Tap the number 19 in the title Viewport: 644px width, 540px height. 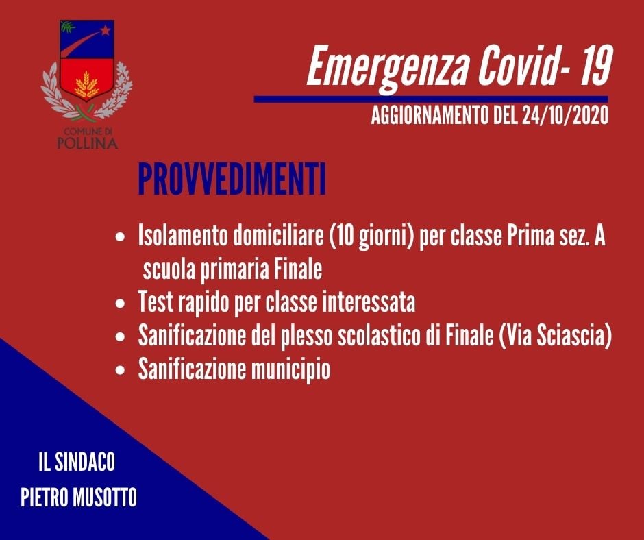tap(593, 64)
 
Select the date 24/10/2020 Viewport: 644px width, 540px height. tap(565, 116)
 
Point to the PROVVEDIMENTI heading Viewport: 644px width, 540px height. tap(232, 180)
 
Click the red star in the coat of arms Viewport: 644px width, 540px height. tap(106, 30)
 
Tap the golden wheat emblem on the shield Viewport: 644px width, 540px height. tap(86, 84)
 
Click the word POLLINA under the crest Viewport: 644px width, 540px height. tap(88, 143)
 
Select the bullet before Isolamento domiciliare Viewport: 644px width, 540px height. tap(120, 238)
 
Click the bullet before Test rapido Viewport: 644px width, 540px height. tap(120, 304)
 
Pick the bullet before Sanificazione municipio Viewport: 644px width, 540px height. tap(120, 370)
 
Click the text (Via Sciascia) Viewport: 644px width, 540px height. tap(555, 336)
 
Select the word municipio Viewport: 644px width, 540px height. tap(290, 370)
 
